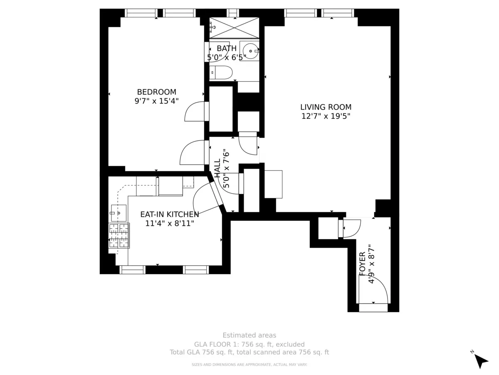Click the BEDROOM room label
(156, 92)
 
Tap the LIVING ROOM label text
(326, 107)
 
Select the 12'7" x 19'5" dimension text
(326, 117)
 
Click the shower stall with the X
(234, 28)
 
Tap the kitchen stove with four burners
(119, 236)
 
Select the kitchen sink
(119, 213)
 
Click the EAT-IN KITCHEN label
(169, 214)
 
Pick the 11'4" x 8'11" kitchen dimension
(170, 224)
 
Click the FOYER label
(362, 263)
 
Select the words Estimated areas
(249, 335)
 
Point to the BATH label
(227, 48)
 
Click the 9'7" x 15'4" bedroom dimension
(156, 101)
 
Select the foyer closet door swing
(351, 228)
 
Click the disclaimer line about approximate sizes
(249, 365)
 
